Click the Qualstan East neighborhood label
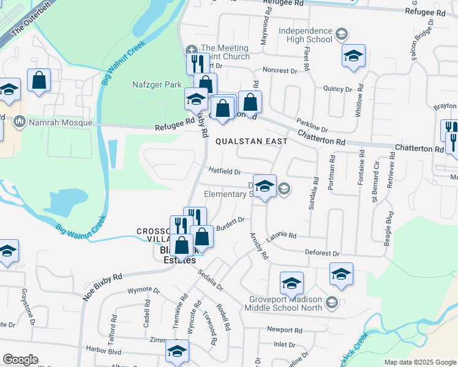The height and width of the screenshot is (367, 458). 251,141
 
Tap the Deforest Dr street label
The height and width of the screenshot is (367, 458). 321,253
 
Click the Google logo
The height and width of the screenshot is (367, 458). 20,360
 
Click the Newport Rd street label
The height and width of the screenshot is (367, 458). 285,330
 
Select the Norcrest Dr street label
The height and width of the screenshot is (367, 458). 279,71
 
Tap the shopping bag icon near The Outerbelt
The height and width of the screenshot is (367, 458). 39,81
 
